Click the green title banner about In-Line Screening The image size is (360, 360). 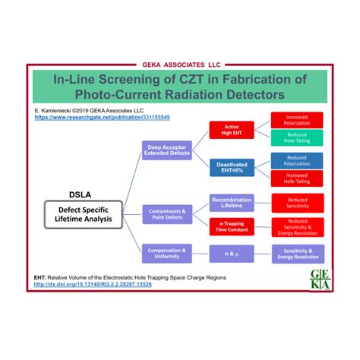coord(180,86)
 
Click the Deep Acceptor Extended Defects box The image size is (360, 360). coord(168,150)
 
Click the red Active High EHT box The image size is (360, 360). coord(232,131)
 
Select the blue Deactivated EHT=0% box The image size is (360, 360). coord(232,167)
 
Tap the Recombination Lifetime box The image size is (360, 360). coord(232,202)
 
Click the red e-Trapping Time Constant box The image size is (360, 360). coord(232,226)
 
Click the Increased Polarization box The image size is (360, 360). coord(296,120)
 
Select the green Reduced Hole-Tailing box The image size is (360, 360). coord(296,139)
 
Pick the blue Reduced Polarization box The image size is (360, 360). coord(296,159)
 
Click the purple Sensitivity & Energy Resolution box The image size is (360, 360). coord(296,254)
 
